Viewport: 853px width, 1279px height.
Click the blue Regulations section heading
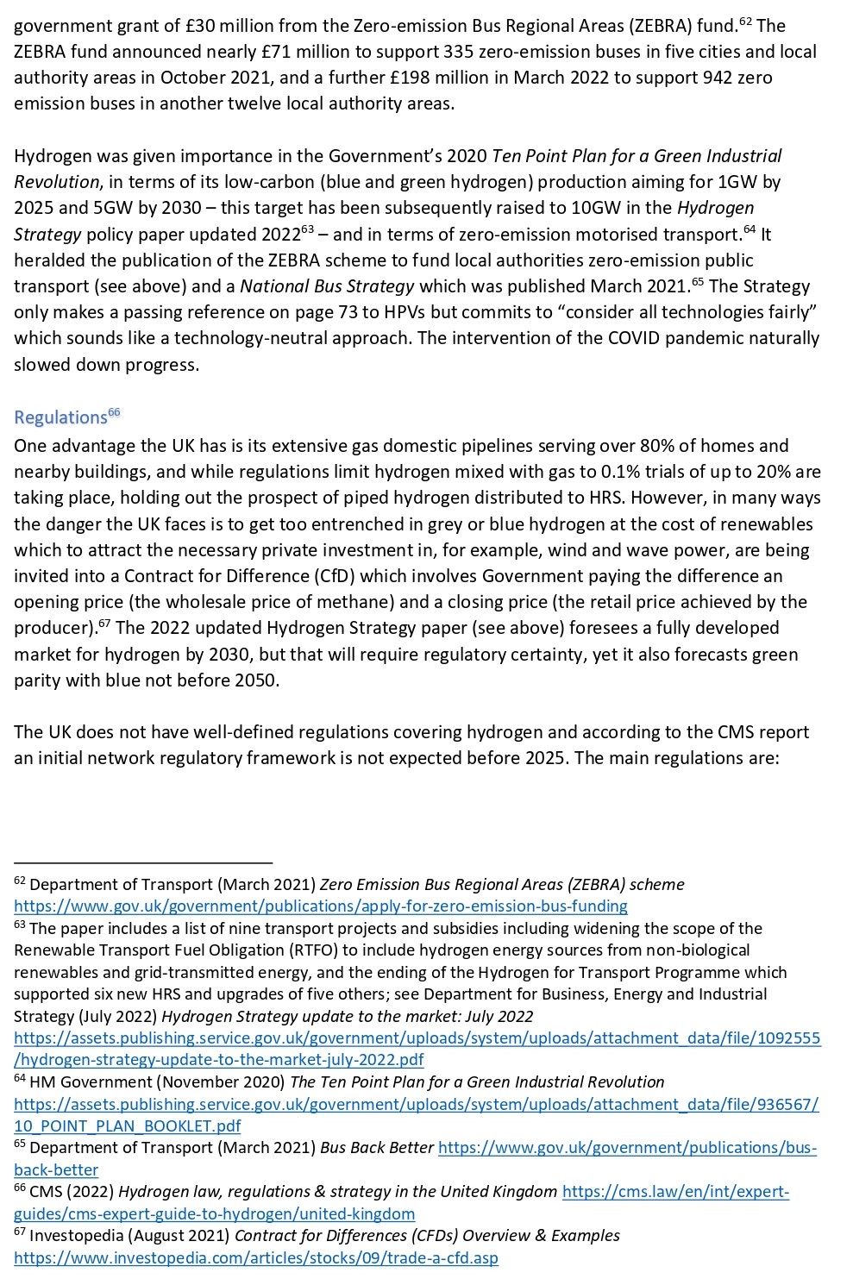(60, 418)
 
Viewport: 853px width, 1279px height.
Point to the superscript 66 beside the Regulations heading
(114, 413)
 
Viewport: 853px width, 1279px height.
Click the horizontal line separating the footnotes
(143, 862)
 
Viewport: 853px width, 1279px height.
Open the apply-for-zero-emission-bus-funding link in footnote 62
(321, 906)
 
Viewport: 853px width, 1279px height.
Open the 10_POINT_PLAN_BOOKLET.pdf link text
(128, 1126)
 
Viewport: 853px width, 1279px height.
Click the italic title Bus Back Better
(377, 1148)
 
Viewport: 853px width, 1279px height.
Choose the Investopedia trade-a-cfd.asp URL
(256, 1258)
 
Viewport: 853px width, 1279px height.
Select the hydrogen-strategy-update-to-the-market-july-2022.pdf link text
(219, 1060)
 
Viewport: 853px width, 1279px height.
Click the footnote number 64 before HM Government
(20, 1079)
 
